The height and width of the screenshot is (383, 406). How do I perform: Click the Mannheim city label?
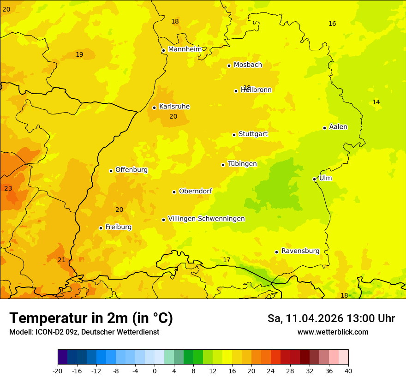[185, 49]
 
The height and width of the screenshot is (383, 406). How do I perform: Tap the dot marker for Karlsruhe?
[154, 108]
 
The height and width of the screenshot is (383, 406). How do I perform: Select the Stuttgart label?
[253, 134]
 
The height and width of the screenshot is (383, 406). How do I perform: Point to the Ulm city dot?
[314, 179]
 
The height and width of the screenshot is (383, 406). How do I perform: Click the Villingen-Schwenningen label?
[206, 219]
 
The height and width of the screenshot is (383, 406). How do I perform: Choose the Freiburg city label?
[118, 227]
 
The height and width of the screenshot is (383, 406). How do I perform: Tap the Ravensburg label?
[300, 251]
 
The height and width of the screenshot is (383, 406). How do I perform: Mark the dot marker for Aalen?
[324, 128]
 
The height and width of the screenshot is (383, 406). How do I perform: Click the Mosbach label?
[248, 65]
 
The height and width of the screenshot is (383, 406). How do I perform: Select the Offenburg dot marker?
[111, 171]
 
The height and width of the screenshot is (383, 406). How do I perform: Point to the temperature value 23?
[8, 188]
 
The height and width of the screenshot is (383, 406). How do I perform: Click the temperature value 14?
[376, 102]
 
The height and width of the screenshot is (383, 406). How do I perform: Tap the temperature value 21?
[61, 260]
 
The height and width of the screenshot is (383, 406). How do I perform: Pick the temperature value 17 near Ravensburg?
[227, 260]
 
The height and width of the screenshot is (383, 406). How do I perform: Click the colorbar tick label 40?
[348, 371]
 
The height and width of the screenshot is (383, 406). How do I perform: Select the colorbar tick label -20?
[57, 371]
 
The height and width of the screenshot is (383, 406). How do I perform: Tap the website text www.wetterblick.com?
[333, 332]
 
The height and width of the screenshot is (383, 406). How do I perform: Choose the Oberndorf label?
[195, 191]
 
